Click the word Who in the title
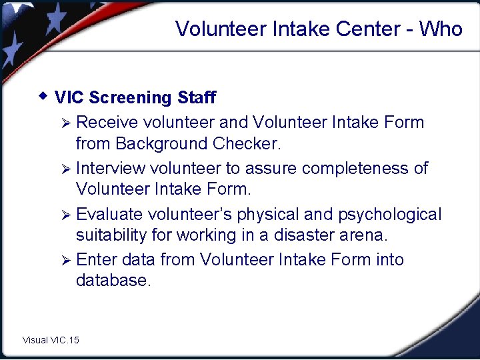coord(441,29)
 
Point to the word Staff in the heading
coord(197,97)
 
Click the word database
coord(113,281)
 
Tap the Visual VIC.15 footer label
coord(51,340)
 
